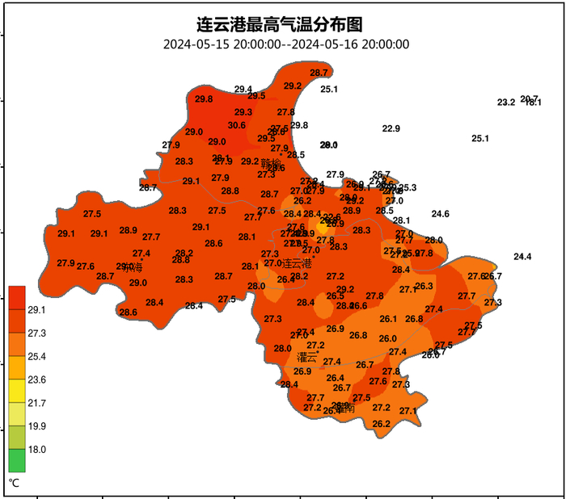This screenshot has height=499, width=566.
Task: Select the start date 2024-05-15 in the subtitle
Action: coord(196,44)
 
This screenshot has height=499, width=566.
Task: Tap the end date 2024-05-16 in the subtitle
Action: coord(324,44)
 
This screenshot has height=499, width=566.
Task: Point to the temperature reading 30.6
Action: coord(236,125)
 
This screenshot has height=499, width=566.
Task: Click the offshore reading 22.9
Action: coord(391,128)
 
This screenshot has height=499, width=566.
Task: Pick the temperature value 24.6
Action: coord(440,214)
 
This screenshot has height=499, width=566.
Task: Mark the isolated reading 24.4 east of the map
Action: coord(522,257)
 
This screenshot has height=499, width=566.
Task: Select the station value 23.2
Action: coord(506,103)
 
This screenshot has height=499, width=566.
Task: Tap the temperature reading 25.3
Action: coord(408,188)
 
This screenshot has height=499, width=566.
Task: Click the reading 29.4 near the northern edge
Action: coord(243,89)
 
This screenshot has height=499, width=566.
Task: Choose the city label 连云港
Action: coord(296,263)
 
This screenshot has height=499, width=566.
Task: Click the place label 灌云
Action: coord(307,356)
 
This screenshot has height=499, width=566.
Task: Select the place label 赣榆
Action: coord(271,164)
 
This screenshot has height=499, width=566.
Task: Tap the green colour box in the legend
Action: coord(17,460)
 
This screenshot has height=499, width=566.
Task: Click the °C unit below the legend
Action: coord(14,483)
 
